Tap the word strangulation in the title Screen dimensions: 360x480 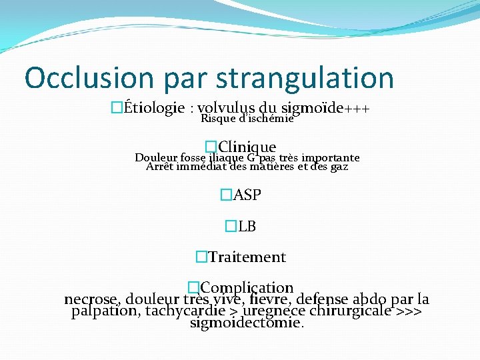[305, 78]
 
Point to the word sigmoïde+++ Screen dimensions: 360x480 [326, 108]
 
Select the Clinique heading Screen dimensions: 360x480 [247, 147]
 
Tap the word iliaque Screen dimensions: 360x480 [227, 158]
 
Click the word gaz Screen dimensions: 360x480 [339, 167]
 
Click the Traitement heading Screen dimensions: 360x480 [247, 257]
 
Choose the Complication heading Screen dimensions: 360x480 [247, 288]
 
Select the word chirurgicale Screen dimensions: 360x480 [351, 311]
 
